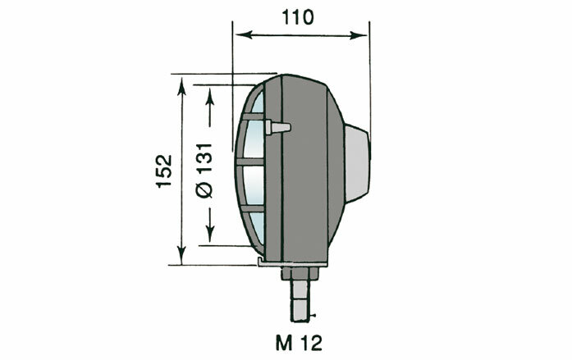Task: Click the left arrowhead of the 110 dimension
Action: click(240, 35)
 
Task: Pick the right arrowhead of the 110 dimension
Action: click(364, 35)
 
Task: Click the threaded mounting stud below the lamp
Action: click(301, 299)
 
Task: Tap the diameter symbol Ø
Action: click(205, 189)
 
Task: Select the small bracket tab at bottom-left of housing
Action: click(260, 262)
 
